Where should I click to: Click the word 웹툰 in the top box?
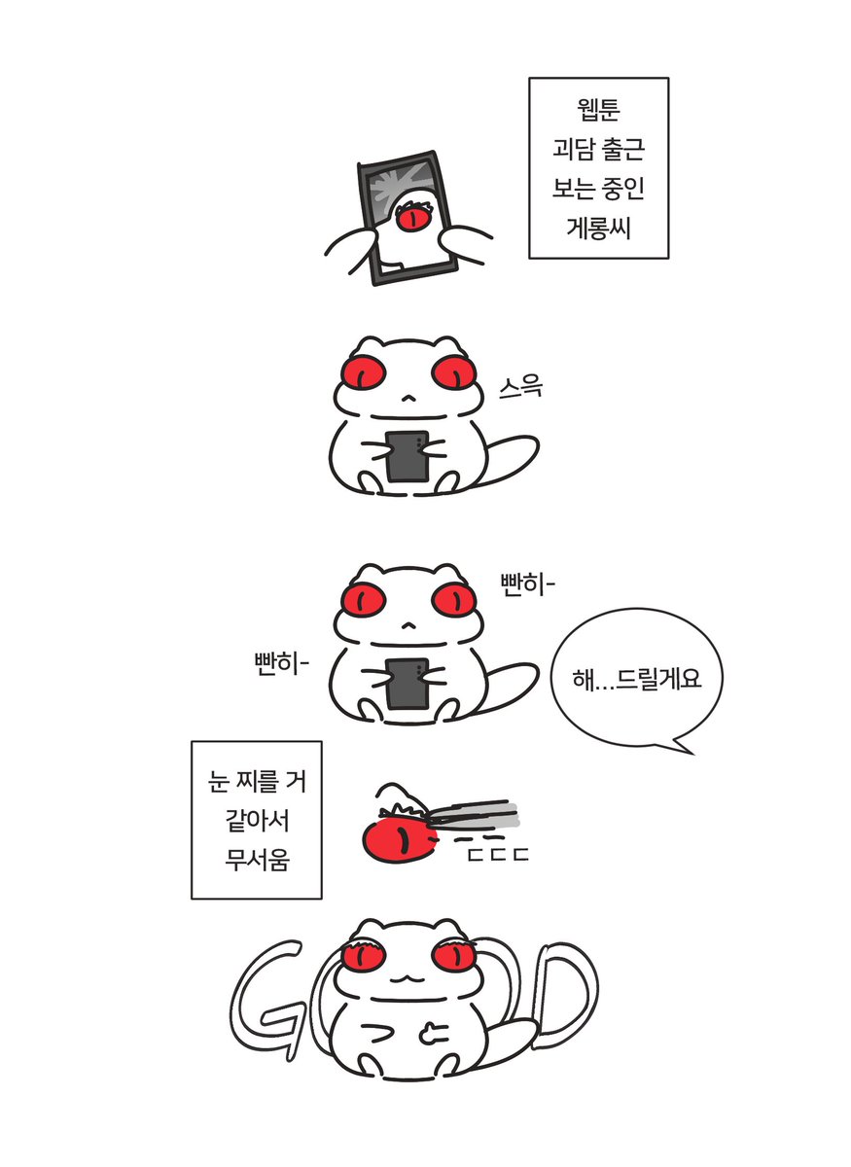(598, 109)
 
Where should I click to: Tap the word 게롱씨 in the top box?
(598, 228)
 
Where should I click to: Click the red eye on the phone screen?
(413, 218)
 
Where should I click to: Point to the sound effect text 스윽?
(520, 387)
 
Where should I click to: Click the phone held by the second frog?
(408, 456)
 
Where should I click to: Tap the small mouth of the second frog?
(408, 399)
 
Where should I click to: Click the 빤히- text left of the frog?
(281, 664)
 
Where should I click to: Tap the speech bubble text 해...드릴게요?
(637, 679)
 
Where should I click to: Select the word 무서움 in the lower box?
(257, 860)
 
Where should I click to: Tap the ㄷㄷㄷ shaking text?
(498, 855)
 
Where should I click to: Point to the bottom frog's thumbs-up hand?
(433, 1034)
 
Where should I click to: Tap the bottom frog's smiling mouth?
(408, 979)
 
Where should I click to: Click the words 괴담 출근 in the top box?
(598, 149)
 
